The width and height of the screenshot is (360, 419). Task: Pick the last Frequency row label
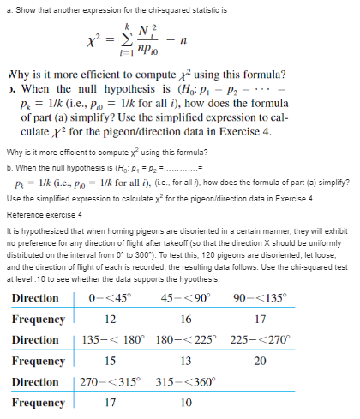tap(39, 402)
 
